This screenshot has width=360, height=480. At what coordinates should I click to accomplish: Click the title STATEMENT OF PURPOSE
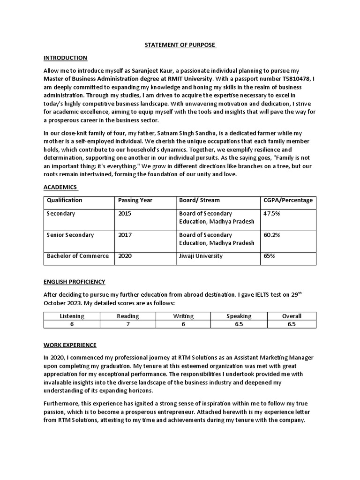180,45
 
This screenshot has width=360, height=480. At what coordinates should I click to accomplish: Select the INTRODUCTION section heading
65,58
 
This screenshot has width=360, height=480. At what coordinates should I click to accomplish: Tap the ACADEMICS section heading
60,187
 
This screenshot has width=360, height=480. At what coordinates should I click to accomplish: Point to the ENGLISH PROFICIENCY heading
74,282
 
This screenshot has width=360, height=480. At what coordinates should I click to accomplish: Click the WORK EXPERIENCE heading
70,345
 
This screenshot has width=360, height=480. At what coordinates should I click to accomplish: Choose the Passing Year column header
135,200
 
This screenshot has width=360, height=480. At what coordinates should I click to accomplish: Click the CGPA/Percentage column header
288,200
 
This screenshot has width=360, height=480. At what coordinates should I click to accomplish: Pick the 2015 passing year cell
125,213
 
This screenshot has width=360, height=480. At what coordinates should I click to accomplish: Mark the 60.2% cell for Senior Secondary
271,235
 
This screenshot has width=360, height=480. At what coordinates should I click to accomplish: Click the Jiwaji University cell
201,256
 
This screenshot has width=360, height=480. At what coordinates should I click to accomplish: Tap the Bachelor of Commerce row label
77,256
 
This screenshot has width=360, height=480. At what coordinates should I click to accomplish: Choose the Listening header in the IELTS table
72,316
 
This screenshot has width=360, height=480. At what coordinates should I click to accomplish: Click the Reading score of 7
127,324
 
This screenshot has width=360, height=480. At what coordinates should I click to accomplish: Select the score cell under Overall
292,324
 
